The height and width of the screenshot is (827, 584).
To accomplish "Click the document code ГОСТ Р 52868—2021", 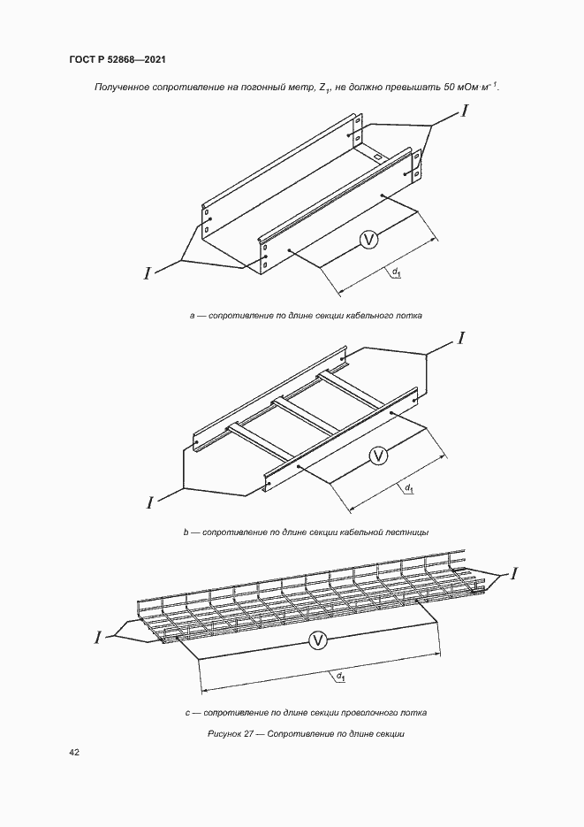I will (118, 59).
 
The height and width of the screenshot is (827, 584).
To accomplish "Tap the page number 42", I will (74, 752).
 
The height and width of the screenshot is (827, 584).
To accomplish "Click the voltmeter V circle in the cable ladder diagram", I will (378, 456).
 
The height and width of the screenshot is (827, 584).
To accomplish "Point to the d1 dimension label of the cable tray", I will (397, 273).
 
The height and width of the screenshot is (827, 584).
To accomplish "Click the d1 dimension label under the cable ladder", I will (408, 488).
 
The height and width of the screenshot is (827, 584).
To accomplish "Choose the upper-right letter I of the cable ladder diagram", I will (460, 338).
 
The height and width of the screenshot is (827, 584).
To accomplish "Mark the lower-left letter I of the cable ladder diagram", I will (150, 502).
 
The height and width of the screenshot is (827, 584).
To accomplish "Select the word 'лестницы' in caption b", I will (409, 532).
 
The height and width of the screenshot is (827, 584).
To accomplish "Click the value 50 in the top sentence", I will (450, 88).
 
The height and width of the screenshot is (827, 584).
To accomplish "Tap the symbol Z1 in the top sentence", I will (324, 88).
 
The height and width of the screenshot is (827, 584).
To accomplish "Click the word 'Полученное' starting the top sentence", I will (119, 88).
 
